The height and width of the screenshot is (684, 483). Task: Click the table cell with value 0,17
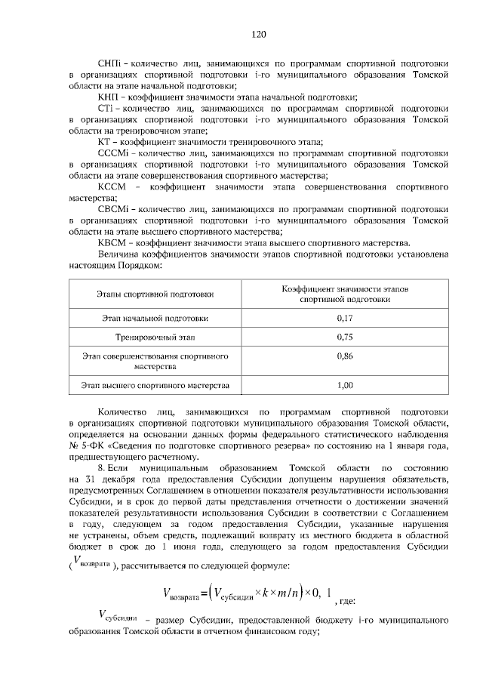[x=345, y=319]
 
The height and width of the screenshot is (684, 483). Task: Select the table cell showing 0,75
[x=345, y=337]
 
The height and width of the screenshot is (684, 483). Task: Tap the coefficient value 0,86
[x=345, y=355]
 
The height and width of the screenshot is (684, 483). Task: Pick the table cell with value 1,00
[x=345, y=386]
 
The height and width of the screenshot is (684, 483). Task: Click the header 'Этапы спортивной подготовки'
[x=155, y=294]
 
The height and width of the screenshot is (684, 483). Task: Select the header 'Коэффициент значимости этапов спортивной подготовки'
[x=345, y=294]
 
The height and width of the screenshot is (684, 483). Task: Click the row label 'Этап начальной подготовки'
[x=155, y=319]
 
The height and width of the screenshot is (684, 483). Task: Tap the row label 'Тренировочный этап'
[x=155, y=337]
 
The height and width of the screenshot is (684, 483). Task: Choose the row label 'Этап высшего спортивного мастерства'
[x=155, y=386]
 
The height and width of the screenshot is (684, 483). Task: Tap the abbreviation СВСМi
[x=113, y=209]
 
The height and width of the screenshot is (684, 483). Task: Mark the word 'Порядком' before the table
[x=141, y=265]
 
